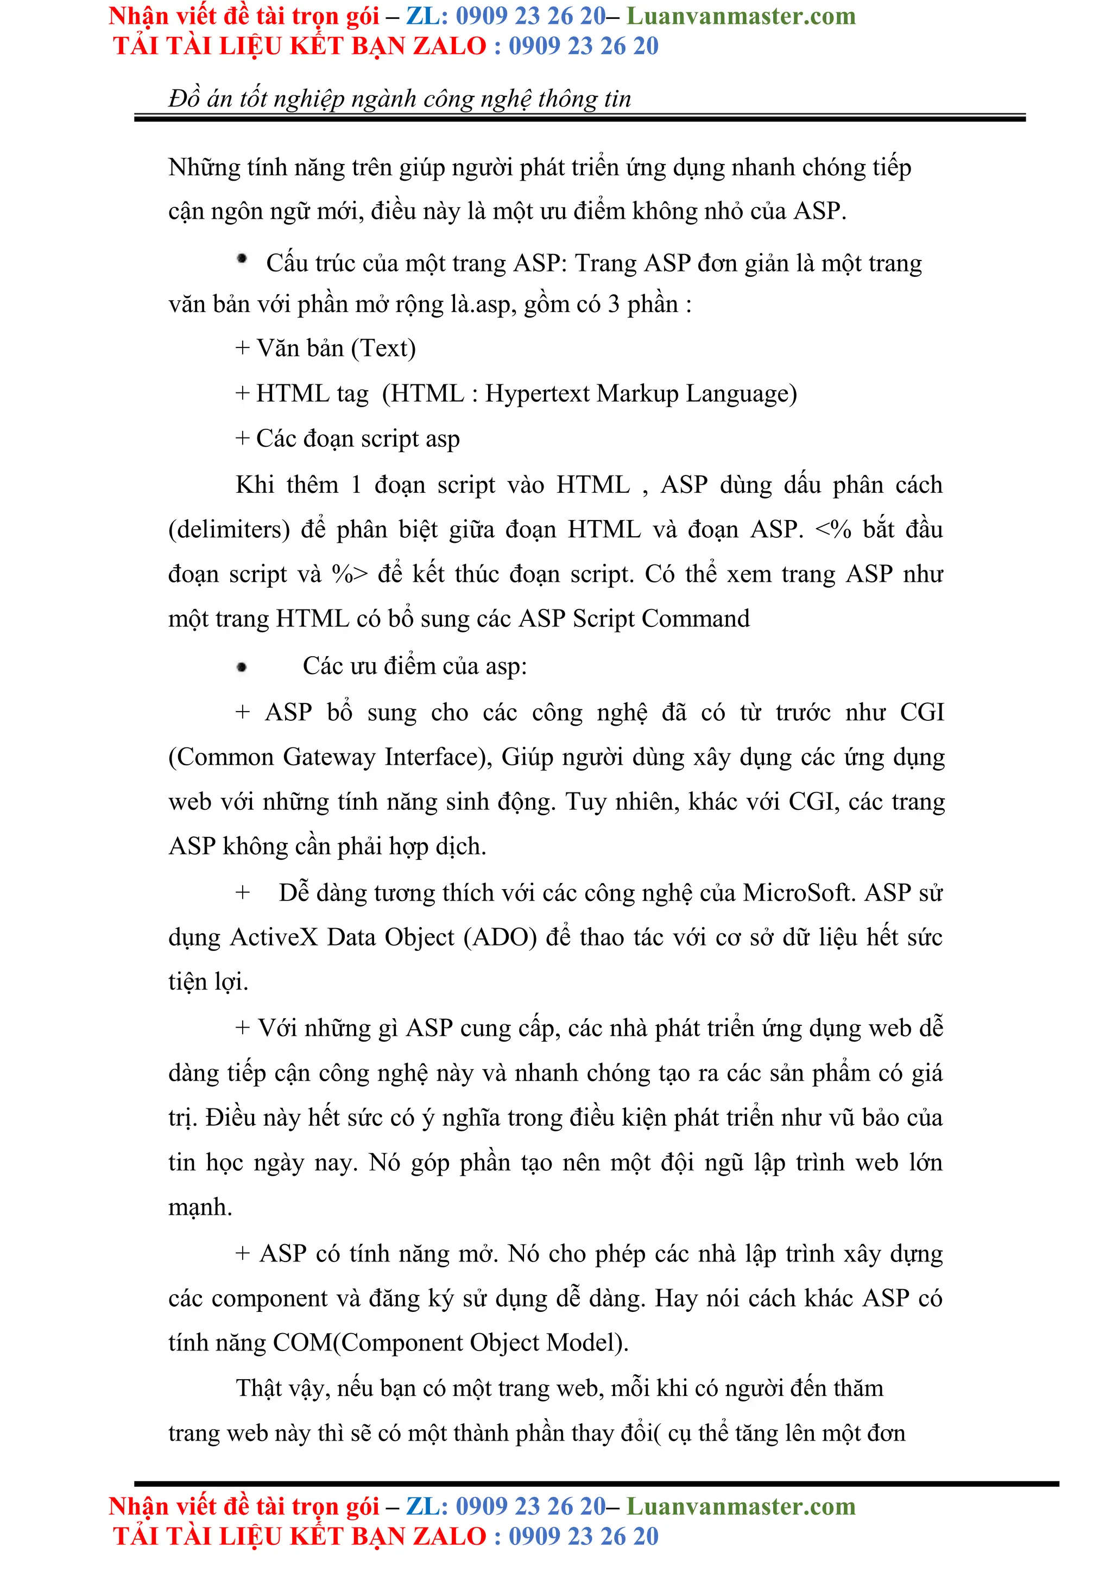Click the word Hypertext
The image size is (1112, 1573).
point(537,394)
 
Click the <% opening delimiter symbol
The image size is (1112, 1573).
point(832,530)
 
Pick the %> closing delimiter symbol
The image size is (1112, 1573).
point(350,574)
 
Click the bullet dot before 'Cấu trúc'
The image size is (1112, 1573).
point(242,259)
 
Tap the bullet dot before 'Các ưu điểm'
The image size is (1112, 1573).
point(242,667)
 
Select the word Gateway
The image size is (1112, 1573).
point(329,757)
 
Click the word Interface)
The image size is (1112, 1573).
point(439,757)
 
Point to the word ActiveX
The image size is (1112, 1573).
point(274,937)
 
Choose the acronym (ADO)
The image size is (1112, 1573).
point(500,937)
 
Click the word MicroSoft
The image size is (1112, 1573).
point(799,893)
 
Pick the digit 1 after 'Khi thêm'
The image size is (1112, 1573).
point(356,485)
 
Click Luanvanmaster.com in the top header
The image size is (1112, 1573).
point(741,16)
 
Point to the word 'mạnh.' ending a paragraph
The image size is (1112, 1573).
point(200,1207)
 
